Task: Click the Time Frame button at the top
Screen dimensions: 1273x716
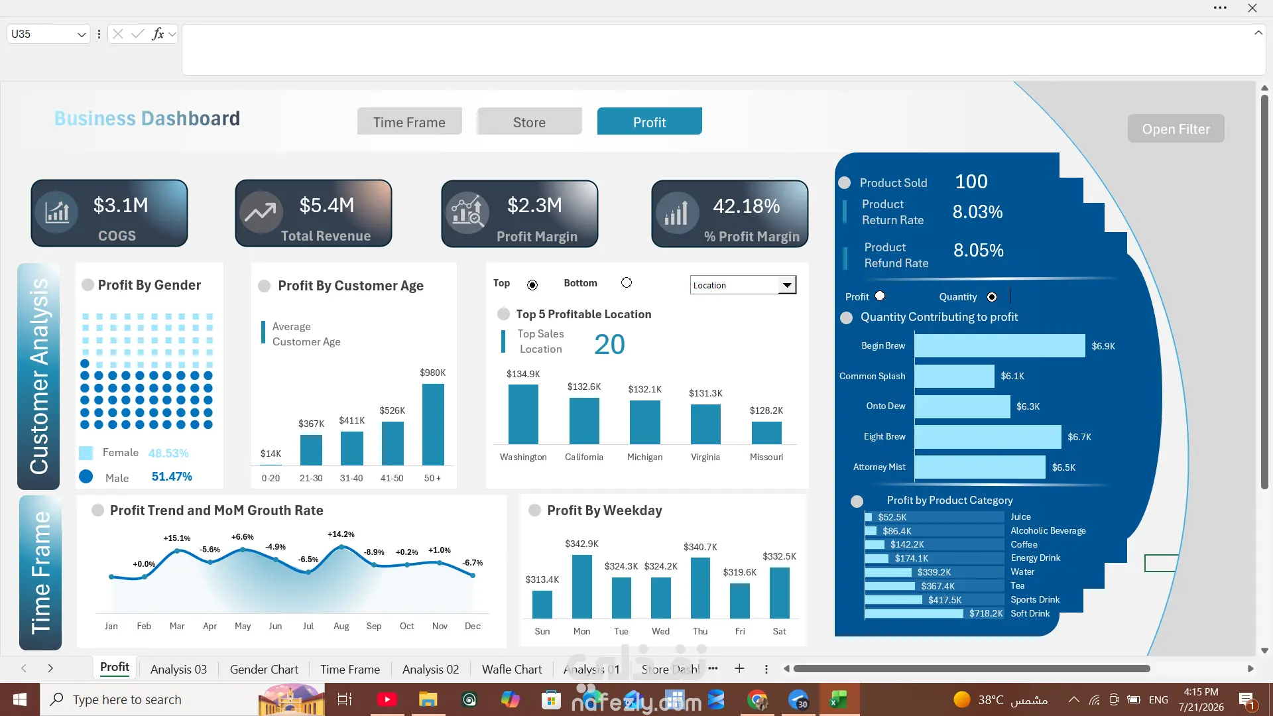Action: [x=409, y=122]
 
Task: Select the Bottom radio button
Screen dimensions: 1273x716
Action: [x=627, y=283]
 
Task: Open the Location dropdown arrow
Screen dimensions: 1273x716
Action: [x=787, y=285]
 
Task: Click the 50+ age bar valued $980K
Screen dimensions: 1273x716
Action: [x=433, y=424]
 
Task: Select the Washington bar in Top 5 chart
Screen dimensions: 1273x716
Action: [x=523, y=414]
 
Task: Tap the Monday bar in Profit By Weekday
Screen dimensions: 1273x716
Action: [x=581, y=587]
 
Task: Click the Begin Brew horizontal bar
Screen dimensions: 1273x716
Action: [x=1000, y=346]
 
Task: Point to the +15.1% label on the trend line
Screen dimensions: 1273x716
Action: [x=177, y=538]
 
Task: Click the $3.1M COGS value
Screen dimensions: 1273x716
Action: [x=121, y=206]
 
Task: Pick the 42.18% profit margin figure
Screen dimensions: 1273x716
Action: [x=747, y=206]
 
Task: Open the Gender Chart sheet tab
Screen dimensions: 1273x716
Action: [x=264, y=669]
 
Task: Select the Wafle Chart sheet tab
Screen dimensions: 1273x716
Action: [x=512, y=669]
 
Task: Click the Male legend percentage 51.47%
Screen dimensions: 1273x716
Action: [x=172, y=477]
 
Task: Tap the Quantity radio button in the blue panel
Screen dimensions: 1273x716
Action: [x=992, y=297]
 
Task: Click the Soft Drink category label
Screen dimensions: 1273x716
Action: [x=1030, y=613]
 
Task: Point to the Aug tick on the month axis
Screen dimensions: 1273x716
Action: [x=341, y=626]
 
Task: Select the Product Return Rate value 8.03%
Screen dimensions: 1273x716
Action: [x=977, y=212]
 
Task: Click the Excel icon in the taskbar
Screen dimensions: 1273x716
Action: [x=839, y=699]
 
